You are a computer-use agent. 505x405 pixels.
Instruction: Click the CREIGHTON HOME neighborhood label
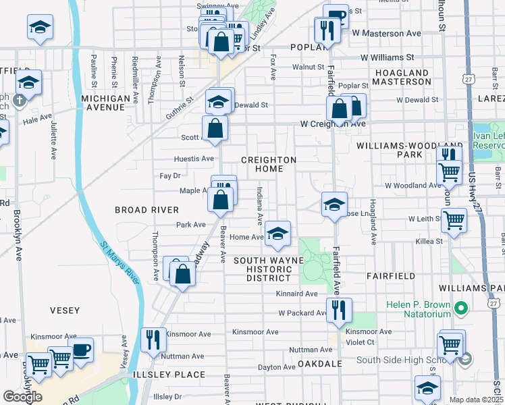coord(269,164)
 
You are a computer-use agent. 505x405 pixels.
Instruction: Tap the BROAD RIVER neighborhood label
coord(147,210)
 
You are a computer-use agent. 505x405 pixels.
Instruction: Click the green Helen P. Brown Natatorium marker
coord(461,309)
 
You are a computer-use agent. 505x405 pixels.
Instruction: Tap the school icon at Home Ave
coord(277,233)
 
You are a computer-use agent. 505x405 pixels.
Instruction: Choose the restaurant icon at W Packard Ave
coord(338,309)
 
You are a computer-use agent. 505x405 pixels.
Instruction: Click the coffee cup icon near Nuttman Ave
coord(81,350)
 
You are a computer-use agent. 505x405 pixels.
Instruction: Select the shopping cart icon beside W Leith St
coord(454,219)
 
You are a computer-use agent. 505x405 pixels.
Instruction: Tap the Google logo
coord(22,396)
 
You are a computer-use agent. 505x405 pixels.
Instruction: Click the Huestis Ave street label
coord(194,159)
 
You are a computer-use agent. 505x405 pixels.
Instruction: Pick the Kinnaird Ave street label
coord(296,294)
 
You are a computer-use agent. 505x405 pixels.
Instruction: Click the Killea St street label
coord(429,240)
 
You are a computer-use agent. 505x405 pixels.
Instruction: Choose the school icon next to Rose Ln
coord(334,205)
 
